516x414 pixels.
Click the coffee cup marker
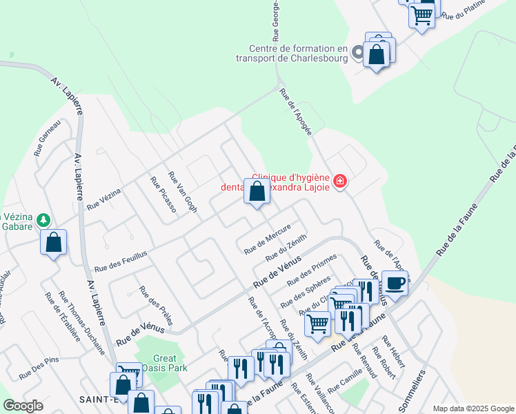coord(395,282)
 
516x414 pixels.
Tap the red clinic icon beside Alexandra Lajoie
coord(339,181)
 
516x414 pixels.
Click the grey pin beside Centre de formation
coord(357,52)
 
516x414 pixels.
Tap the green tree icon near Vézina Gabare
coord(44,219)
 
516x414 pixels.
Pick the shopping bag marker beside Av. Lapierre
coord(53,242)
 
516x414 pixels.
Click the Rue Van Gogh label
coord(183,192)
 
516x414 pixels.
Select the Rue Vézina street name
coord(104,199)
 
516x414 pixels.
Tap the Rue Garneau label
coord(48,137)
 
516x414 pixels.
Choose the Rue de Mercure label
coord(268,239)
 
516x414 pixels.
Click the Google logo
coord(23,406)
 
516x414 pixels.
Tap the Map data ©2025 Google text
coord(473,408)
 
